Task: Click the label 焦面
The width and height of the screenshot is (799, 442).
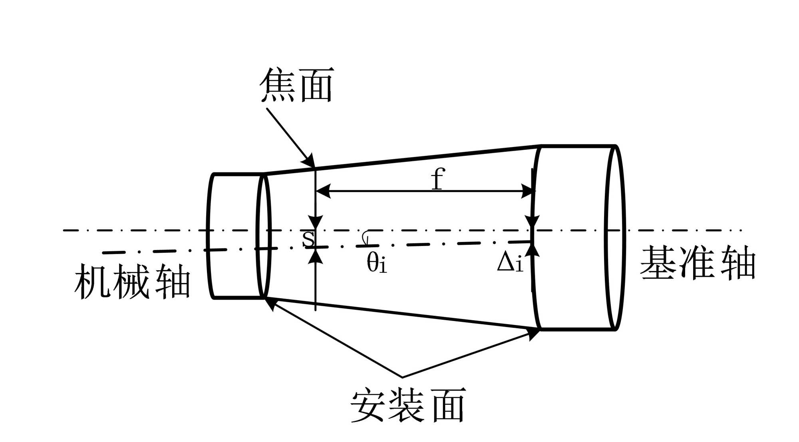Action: coord(296,85)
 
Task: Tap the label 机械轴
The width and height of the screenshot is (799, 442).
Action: coord(132,281)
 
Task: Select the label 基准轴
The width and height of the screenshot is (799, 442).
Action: coord(698,263)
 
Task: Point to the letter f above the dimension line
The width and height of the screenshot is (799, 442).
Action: coord(438,179)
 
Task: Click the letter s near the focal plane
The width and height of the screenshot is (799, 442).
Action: coord(308,238)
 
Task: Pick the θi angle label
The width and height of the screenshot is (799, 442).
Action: coord(377,263)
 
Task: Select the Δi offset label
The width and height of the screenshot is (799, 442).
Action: coord(510,263)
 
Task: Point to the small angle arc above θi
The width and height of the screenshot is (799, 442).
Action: coord(365,237)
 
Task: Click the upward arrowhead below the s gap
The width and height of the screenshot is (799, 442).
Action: coord(316,256)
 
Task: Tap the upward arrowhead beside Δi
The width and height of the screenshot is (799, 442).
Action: coord(533,250)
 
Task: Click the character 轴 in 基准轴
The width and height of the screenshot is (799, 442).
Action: coord(738,263)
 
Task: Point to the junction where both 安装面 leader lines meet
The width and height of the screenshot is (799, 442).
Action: coord(402,377)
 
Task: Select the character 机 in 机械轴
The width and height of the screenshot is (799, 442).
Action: coord(92,281)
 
